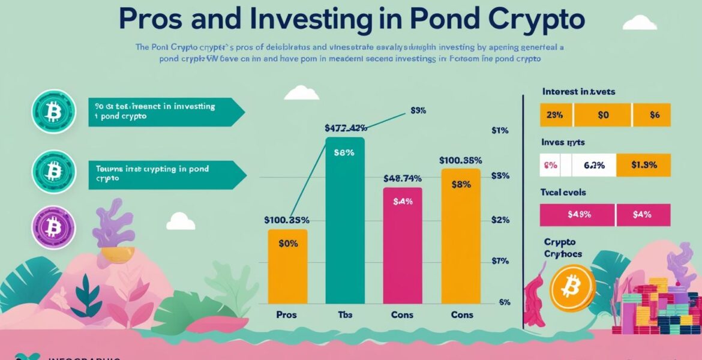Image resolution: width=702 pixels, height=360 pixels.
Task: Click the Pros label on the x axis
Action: pos(286,314)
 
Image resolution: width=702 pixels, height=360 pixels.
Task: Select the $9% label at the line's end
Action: pos(418,110)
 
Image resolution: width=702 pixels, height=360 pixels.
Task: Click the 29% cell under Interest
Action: pos(556,115)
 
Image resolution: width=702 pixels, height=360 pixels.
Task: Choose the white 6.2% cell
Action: pos(594,164)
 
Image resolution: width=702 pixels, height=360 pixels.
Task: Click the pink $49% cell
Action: pos(577,214)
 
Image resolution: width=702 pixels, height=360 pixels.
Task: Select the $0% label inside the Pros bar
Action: pos(288,244)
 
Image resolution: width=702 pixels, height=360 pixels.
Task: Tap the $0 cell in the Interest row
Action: pos(603,115)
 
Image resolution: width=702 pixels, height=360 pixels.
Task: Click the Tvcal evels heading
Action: pos(563,193)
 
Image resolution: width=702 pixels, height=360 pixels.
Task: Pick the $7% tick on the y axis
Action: pos(500,261)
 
